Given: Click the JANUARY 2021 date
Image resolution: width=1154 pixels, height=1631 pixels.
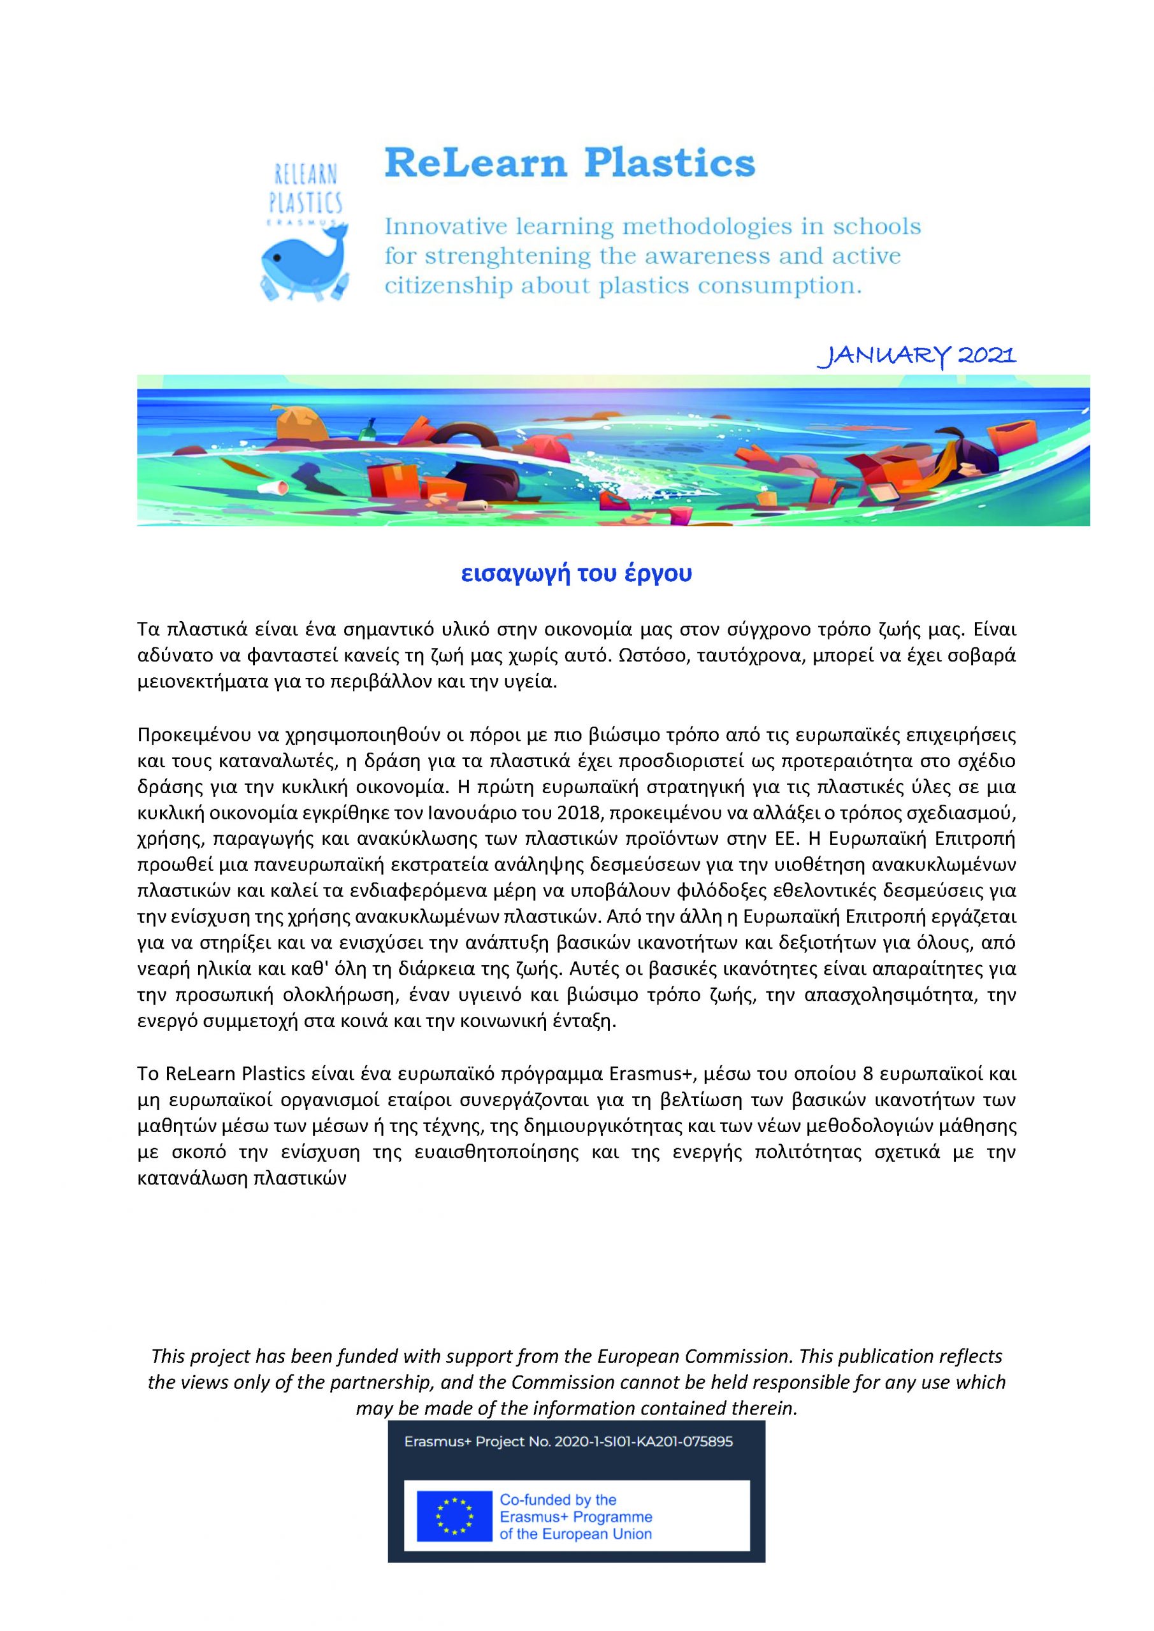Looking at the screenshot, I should coord(917,355).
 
